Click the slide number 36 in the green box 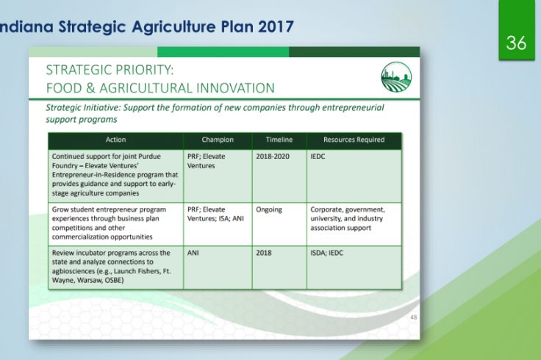pos(516,43)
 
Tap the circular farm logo pos(396,77)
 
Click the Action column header pos(115,140)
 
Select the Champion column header pos(218,140)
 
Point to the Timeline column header pos(279,140)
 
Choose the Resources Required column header pos(354,140)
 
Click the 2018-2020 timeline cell pos(273,156)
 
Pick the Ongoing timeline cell pos(269,209)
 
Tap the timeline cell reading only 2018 pos(264,253)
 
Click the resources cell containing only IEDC pos(318,156)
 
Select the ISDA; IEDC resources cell pos(327,253)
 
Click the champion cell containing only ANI pos(193,253)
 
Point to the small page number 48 pos(413,317)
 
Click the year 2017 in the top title pos(276,26)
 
